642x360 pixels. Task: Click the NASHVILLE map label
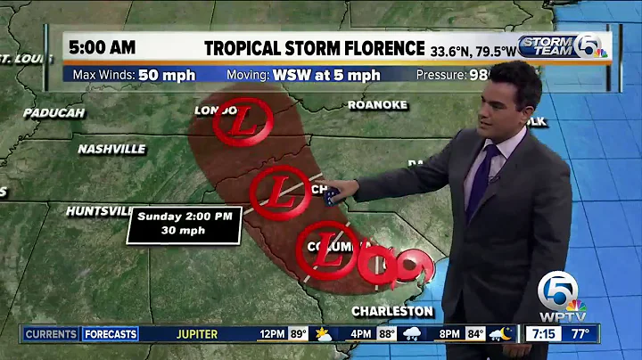tap(111, 149)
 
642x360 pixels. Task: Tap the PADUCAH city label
tap(53, 113)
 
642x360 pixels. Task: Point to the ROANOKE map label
tap(378, 105)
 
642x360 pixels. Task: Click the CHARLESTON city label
tap(393, 311)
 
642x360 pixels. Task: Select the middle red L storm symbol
tap(281, 191)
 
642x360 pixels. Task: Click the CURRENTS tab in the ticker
tap(51, 334)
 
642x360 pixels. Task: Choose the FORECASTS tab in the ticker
tap(111, 334)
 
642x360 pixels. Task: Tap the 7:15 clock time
tap(543, 334)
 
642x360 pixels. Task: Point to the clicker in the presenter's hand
tap(332, 196)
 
